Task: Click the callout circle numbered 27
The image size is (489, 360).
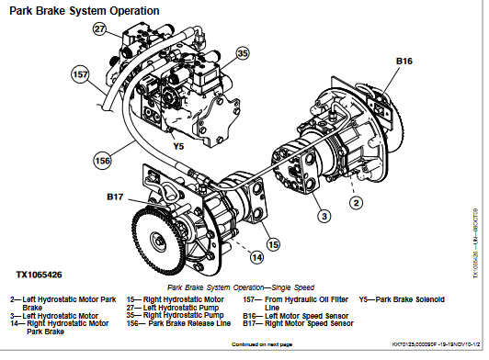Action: coord(100,29)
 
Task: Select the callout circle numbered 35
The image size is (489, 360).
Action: coord(243,54)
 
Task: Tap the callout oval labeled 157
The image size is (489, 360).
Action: coord(80,73)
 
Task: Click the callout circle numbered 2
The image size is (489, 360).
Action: coord(356,202)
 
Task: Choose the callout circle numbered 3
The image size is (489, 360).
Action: coord(324,216)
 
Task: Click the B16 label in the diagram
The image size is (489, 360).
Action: coord(405,62)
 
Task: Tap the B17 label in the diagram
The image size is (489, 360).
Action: coord(115,197)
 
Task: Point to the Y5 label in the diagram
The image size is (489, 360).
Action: coord(179,145)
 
